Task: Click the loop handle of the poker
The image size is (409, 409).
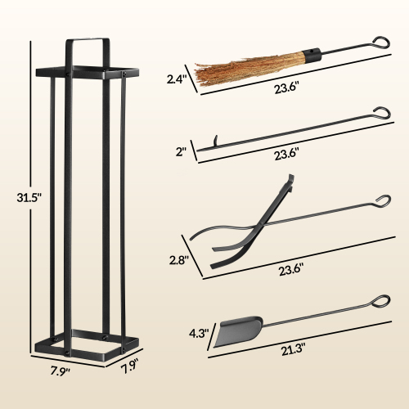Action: point(382,111)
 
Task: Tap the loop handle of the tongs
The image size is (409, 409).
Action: point(382,200)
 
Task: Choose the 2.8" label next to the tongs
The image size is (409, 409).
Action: point(180,261)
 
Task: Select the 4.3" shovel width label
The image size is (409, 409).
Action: point(197,335)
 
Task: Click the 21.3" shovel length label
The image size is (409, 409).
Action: point(292,349)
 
